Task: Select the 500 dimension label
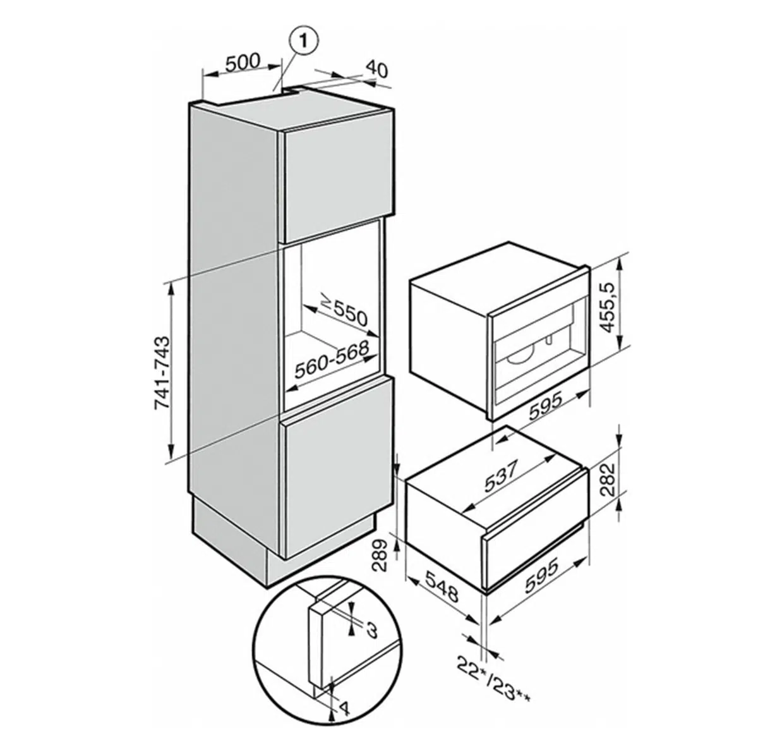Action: click(x=243, y=62)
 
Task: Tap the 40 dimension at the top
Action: click(x=376, y=70)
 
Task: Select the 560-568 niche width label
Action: click(x=332, y=360)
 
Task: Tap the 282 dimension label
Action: click(x=608, y=479)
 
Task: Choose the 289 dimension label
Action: click(x=380, y=556)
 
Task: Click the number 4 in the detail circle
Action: click(x=344, y=708)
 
